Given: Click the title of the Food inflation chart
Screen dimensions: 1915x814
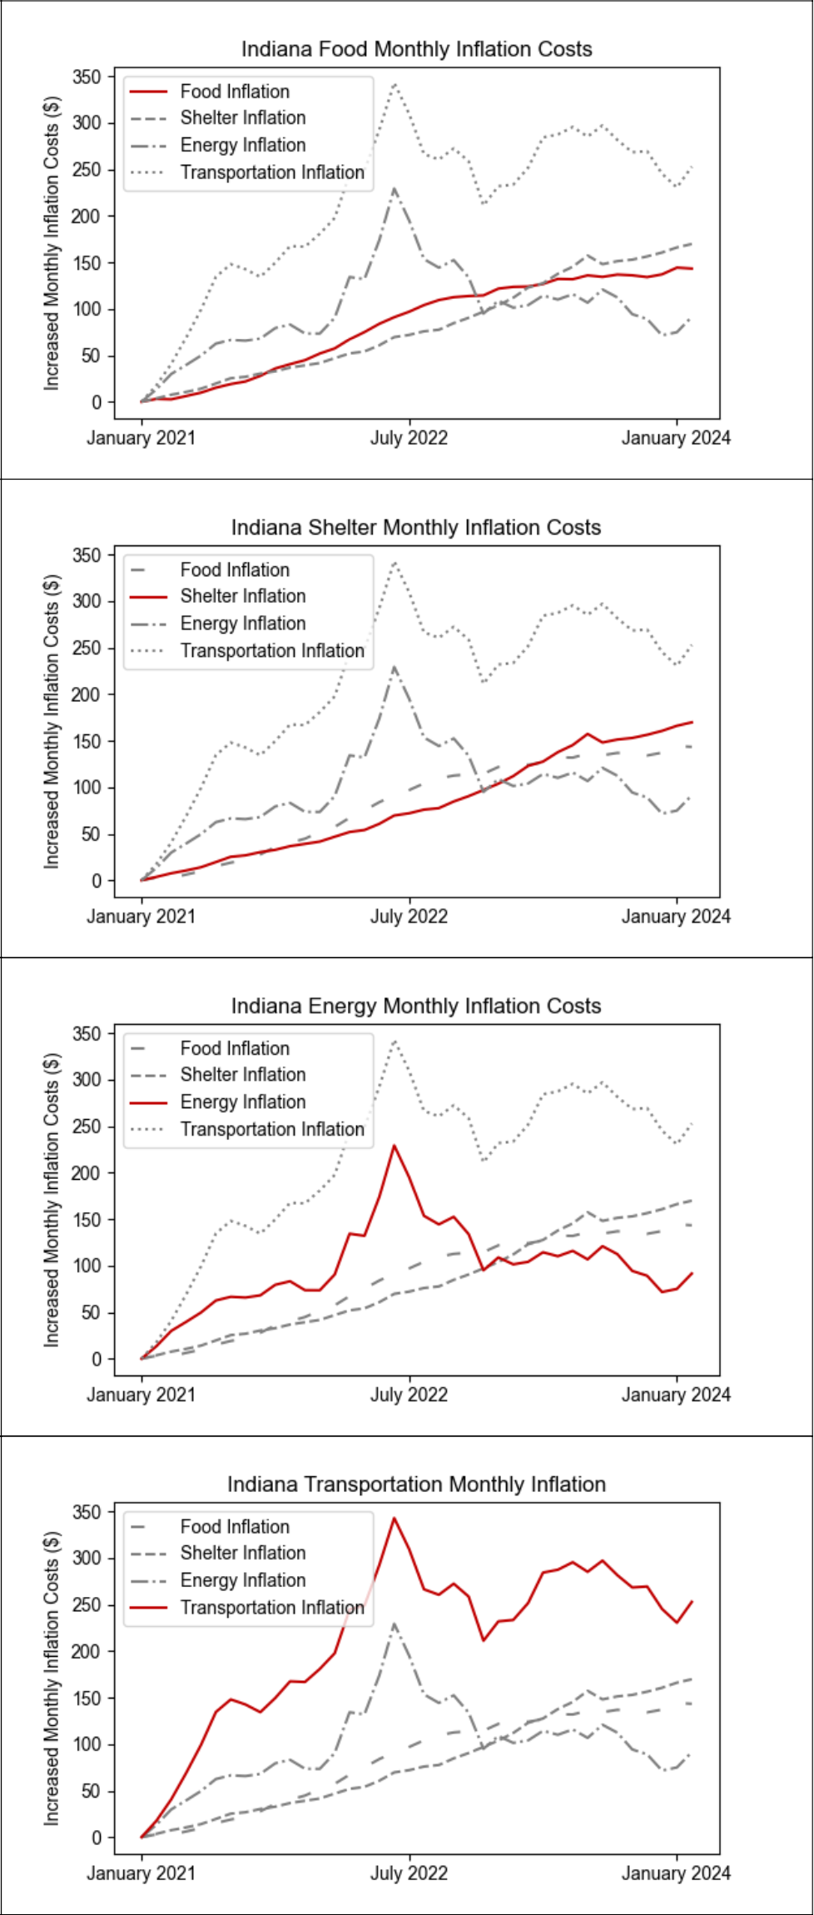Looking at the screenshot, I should (x=416, y=49).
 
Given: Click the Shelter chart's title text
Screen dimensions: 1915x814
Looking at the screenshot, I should (x=415, y=528).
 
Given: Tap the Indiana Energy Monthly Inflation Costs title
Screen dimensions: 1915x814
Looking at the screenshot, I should (x=415, y=1006).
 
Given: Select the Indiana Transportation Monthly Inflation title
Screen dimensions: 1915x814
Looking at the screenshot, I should (x=416, y=1485).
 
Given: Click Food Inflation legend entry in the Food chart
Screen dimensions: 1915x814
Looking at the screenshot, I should (x=235, y=92).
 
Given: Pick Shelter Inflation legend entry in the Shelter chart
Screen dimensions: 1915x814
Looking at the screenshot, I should (x=242, y=596).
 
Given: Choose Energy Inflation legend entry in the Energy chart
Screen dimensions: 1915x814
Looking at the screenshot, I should (x=242, y=1102).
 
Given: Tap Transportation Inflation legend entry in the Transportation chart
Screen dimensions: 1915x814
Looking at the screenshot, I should (x=272, y=1608).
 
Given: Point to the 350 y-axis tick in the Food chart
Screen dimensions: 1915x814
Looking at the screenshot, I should (x=87, y=77).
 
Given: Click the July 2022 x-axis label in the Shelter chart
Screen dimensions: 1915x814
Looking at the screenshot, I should (x=409, y=917).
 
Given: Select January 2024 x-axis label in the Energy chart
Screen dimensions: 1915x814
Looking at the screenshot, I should (x=676, y=1395).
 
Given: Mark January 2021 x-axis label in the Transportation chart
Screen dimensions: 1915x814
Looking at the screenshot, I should (x=141, y=1873).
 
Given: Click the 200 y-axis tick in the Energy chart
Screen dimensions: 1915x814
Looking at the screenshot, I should (x=87, y=1173).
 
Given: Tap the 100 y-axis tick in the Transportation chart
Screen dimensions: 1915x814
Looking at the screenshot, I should (x=87, y=1745).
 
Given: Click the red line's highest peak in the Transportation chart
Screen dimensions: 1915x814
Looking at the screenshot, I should (x=395, y=1518).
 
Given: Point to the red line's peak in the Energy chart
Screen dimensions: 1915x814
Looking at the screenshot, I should (x=395, y=1147).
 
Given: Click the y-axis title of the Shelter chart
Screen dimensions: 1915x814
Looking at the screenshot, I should (x=52, y=722).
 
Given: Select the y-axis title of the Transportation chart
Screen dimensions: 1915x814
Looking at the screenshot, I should (x=52, y=1679).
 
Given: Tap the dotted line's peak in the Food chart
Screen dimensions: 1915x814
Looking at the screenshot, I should (x=395, y=83).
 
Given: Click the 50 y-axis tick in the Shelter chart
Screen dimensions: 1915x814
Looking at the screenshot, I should (x=91, y=834).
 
